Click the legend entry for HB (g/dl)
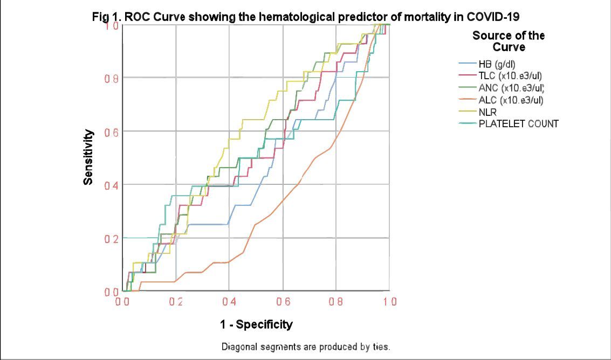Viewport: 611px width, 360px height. pos(497,64)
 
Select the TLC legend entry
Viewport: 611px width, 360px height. pos(510,76)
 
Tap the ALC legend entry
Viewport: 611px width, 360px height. pos(510,100)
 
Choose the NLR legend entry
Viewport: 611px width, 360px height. pos(488,112)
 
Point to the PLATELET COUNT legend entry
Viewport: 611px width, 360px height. pos(518,124)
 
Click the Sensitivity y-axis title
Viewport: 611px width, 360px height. pos(88,157)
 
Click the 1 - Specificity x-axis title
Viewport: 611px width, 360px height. pos(256,324)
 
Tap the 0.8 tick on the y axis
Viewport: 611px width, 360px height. pos(112,78)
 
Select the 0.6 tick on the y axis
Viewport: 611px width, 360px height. pos(112,131)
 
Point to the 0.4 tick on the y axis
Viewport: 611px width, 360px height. pos(112,185)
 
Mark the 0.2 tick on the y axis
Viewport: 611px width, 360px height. pos(112,238)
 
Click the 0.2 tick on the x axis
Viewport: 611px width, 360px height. pos(176,302)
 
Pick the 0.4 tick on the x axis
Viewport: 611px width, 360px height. pos(229,302)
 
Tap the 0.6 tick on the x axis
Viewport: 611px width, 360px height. pos(283,302)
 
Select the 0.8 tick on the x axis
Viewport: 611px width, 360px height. pos(336,302)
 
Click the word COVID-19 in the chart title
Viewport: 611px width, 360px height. pos(493,17)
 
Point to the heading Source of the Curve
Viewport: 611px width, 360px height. pos(509,41)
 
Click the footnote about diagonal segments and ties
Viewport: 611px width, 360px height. pos(306,346)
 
